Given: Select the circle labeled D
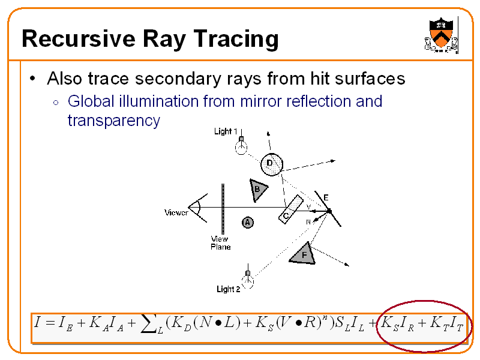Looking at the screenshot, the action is (x=272, y=164).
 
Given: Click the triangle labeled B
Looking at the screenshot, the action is (x=258, y=190).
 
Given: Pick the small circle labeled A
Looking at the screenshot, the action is (x=248, y=223).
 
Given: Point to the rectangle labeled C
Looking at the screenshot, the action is (x=291, y=209).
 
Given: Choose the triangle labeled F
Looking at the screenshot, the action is (x=303, y=254).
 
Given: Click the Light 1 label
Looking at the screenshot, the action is (x=226, y=131).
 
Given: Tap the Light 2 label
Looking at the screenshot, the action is (x=229, y=289).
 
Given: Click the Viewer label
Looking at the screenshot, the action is (x=176, y=212).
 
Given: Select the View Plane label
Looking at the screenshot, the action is (x=220, y=243).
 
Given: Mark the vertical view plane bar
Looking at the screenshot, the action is (x=223, y=209).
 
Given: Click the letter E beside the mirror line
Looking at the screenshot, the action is (x=326, y=198).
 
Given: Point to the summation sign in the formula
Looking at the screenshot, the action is (x=149, y=324).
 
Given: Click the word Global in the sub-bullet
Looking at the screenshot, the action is (x=91, y=101).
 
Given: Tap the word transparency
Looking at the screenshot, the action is (x=114, y=121).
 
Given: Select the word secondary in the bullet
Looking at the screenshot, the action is (x=178, y=79).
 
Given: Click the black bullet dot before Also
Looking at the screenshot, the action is (x=32, y=79).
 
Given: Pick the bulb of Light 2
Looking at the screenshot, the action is (x=248, y=281).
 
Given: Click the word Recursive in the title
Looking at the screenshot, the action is (x=79, y=39).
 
